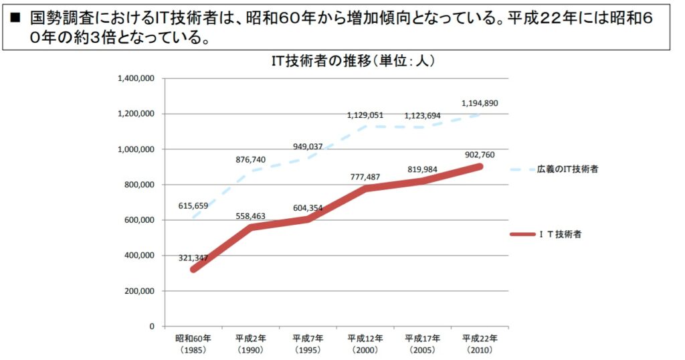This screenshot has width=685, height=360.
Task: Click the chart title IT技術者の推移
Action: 353,62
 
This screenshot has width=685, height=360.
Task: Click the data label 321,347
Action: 193,258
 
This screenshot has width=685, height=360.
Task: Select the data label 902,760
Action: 480,154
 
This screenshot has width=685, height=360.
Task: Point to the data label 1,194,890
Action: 480,103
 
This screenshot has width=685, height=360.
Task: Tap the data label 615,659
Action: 193,206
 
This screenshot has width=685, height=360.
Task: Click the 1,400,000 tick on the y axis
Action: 136,78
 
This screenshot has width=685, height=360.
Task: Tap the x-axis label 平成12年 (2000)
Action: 365,343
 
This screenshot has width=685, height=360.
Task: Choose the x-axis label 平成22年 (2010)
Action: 480,343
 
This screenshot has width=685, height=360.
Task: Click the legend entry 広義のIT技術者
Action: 567,169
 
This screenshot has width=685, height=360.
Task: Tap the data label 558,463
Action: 251,217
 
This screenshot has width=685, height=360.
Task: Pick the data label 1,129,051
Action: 365,116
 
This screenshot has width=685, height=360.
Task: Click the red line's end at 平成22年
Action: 480,167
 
